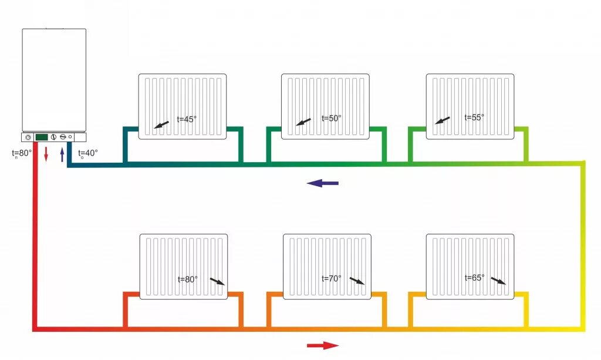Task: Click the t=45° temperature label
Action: click(187, 119)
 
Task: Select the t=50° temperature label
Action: click(332, 118)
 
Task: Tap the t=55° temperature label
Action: click(474, 117)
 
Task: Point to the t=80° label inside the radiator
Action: click(188, 280)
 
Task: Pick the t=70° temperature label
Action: click(332, 278)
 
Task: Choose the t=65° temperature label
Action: click(474, 278)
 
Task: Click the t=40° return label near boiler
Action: click(88, 153)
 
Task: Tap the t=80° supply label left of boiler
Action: click(22, 153)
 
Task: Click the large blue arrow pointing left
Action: click(322, 183)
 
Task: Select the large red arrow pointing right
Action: click(322, 345)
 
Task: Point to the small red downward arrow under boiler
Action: click(46, 154)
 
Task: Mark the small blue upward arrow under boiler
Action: click(62, 154)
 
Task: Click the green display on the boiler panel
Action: click(42, 137)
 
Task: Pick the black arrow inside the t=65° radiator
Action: click(498, 281)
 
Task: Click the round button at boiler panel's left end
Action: click(28, 137)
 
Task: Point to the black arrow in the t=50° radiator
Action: click(303, 122)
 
